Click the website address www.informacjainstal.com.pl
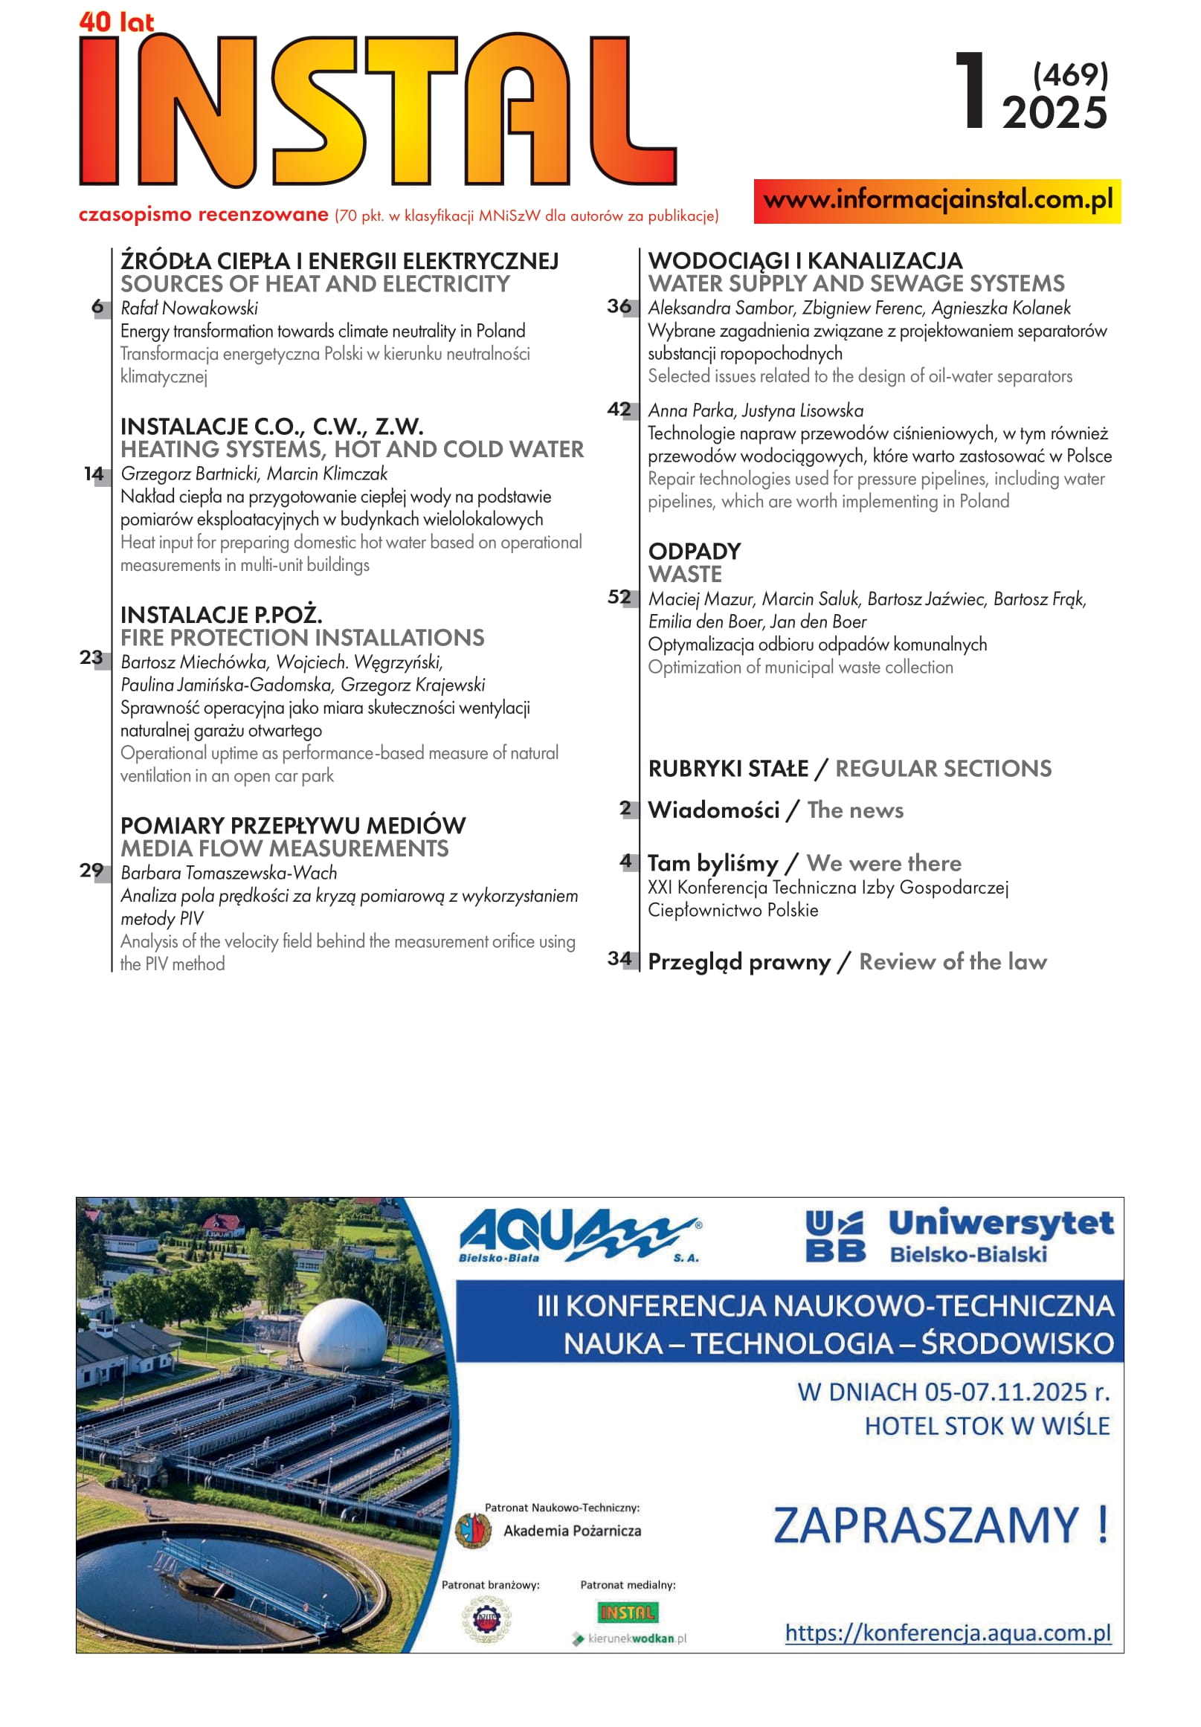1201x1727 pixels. pyautogui.click(x=937, y=201)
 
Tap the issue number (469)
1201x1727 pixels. pyautogui.click(x=1070, y=75)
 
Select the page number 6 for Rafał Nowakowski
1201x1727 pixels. pyautogui.click(x=98, y=307)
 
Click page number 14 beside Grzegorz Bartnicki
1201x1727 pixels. pyautogui.click(x=93, y=474)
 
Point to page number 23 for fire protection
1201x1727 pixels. pyautogui.click(x=91, y=657)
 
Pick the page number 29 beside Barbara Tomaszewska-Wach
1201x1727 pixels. pyautogui.click(x=91, y=871)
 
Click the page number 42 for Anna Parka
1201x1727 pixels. pyautogui.click(x=619, y=409)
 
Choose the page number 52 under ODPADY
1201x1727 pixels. pyautogui.click(x=619, y=597)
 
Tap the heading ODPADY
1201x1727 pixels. pyautogui.click(x=695, y=552)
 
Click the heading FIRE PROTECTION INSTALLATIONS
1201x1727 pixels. pyautogui.click(x=302, y=638)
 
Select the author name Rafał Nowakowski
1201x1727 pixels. pyautogui.click(x=189, y=309)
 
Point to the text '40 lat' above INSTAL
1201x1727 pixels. pyautogui.click(x=116, y=22)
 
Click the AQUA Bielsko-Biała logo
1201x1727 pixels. pyautogui.click(x=579, y=1236)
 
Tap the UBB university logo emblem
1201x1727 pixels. pyautogui.click(x=834, y=1236)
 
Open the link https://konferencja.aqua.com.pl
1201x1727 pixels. pyautogui.click(x=947, y=1633)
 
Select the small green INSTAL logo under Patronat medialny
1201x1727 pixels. pyautogui.click(x=628, y=1613)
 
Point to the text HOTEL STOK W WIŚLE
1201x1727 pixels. pyautogui.click(x=987, y=1426)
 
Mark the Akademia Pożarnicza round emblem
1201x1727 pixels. pyautogui.click(x=473, y=1531)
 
